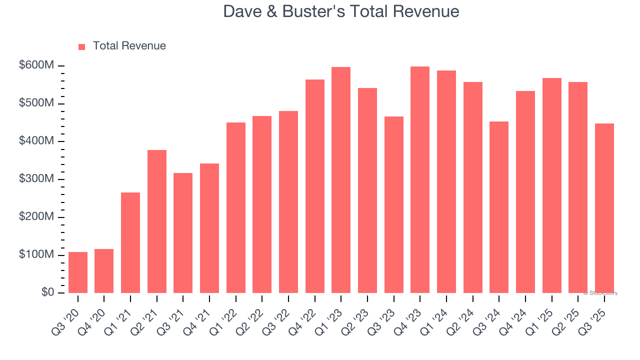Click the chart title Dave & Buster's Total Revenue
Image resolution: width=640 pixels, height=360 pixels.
341,11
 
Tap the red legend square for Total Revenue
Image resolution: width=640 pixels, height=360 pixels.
82,46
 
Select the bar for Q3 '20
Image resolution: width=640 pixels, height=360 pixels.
78,272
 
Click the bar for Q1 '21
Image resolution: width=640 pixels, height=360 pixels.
130,243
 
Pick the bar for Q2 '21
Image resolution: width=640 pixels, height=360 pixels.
157,221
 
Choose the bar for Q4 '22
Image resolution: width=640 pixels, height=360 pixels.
315,186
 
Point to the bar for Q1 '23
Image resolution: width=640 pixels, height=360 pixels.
341,180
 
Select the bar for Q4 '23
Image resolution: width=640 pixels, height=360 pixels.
420,180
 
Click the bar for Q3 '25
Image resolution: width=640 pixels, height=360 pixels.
604,208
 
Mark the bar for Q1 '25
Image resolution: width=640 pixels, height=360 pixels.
551,185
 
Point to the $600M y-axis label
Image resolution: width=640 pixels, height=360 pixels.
36,65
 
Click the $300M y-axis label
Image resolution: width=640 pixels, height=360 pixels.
36,179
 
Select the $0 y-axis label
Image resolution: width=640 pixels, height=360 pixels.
48,292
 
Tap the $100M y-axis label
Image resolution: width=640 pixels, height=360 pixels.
36,255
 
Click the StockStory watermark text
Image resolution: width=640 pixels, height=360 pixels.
600,293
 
